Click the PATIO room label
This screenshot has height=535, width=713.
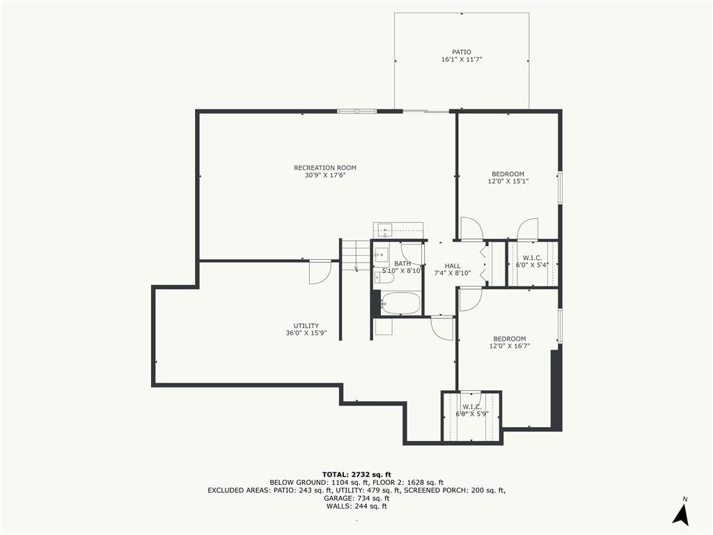(462, 52)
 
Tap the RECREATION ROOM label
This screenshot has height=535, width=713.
(325, 168)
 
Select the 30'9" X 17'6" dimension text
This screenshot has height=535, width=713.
(325, 175)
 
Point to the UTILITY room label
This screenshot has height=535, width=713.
(306, 326)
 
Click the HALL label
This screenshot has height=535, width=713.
(453, 266)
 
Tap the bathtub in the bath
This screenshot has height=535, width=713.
(400, 302)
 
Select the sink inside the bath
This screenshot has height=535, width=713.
(381, 255)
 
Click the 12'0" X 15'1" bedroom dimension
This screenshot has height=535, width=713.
(508, 181)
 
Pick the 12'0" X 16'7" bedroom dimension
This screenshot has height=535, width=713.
(510, 346)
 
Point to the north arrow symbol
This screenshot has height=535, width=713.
(681, 515)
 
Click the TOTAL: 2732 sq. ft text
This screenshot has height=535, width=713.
(356, 474)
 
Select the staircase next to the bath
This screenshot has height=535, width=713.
(355, 255)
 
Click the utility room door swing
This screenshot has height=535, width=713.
(320, 272)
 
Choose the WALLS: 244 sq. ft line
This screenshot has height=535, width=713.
(356, 506)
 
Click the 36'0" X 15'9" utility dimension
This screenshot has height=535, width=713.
(306, 333)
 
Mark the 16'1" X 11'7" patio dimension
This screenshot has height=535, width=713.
(462, 60)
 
